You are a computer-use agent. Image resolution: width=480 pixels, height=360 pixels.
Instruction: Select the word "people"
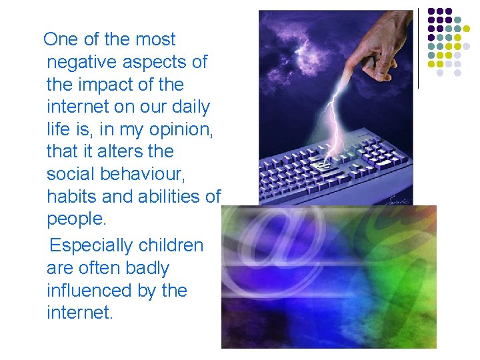[75, 220]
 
